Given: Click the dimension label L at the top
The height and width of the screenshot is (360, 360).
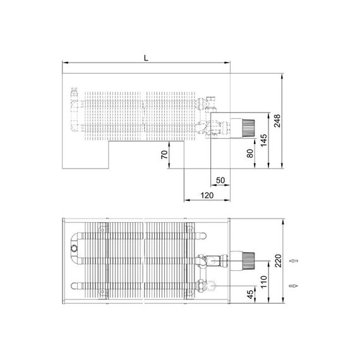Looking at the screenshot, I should point(146,57).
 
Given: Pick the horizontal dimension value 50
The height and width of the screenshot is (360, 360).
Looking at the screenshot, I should point(220,181).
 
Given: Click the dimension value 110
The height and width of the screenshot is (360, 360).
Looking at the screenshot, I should point(264,277).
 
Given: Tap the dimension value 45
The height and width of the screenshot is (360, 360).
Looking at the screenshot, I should point(249,294).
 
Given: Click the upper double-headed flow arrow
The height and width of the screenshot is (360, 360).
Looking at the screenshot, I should point(291,260).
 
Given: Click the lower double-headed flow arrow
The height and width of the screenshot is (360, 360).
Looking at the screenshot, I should point(291,286).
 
